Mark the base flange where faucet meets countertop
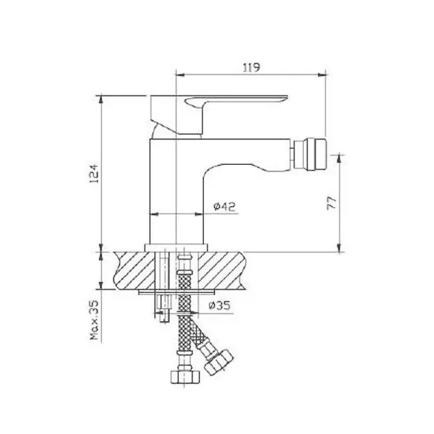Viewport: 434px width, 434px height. [x=177, y=248]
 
